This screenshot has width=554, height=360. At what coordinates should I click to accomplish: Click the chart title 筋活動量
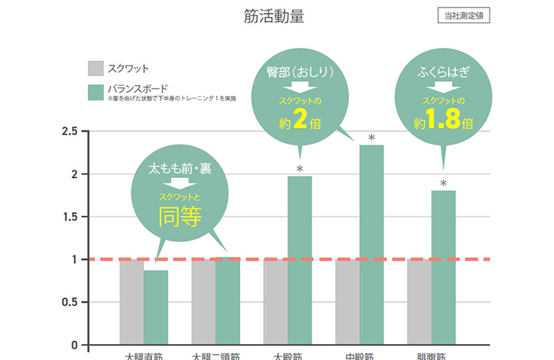coord(274,16)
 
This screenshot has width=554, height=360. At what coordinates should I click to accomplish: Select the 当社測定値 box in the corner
coord(464,16)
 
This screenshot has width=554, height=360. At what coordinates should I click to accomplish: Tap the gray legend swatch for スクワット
coord(95,69)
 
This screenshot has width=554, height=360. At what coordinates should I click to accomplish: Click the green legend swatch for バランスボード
coord(95,92)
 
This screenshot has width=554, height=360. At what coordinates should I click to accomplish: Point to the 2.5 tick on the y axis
coord(69,132)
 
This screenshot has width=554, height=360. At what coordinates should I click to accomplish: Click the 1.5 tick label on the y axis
coord(69,217)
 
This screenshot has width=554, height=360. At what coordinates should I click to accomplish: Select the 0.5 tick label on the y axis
coord(69,302)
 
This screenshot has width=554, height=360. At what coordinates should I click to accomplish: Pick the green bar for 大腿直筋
coord(156,307)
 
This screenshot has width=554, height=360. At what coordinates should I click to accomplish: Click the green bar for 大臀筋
coord(300,260)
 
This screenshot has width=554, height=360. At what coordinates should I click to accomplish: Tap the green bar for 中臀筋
coord(371,245)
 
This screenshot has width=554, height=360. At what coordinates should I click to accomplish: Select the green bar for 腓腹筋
coord(443,267)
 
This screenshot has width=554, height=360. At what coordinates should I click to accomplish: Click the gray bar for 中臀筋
coord(348,302)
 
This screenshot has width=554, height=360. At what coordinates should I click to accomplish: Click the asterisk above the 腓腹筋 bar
coord(443,184)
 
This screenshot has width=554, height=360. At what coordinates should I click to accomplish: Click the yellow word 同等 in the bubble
coord(179,217)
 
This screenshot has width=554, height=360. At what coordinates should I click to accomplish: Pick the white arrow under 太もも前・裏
coord(179,183)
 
